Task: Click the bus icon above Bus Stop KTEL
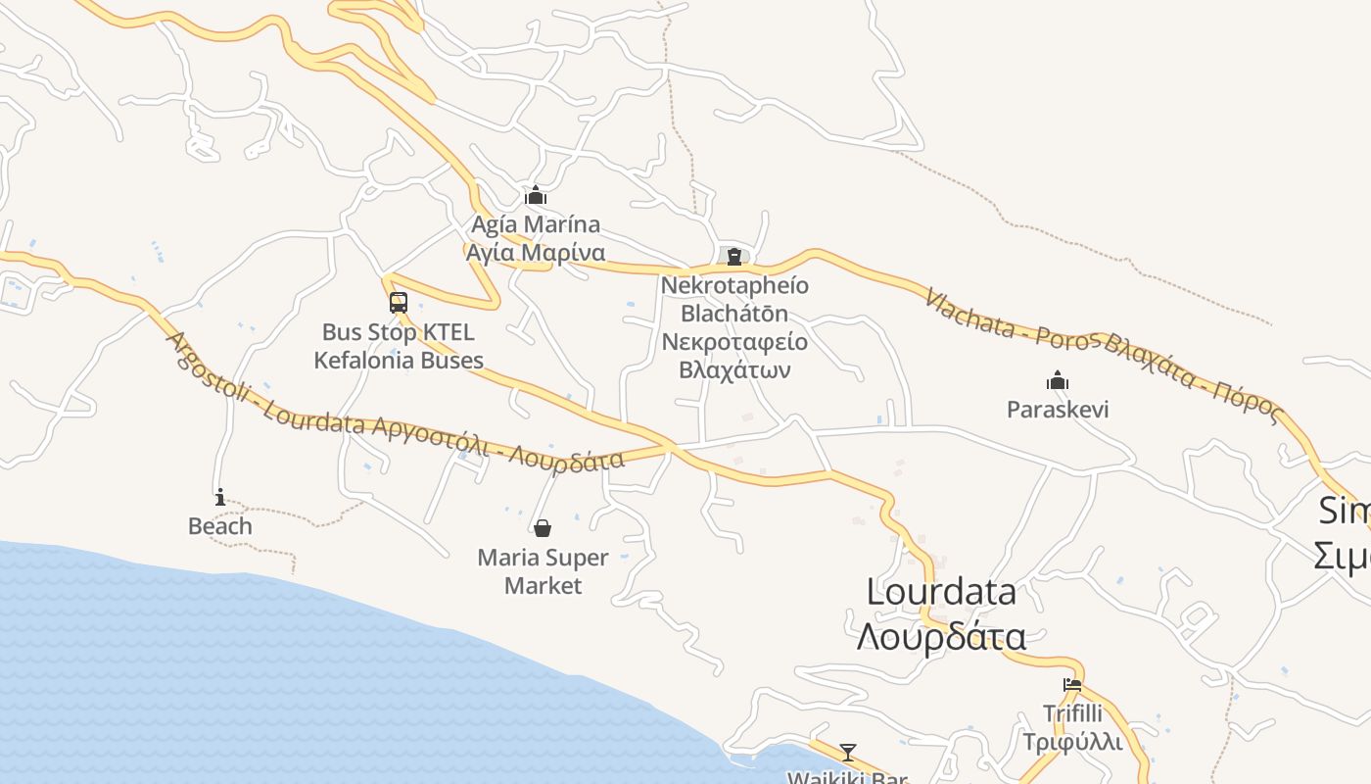pos(398,303)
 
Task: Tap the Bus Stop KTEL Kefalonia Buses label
pos(398,346)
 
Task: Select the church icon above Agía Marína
pos(535,195)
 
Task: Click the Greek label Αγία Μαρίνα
pos(534,253)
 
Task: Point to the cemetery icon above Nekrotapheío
pos(733,256)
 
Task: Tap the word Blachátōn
pos(734,314)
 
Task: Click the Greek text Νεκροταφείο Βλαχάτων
pos(734,356)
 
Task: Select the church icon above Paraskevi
pos(1057,380)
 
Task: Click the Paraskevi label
pos(1058,409)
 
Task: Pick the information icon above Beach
pos(220,497)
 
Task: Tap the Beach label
pos(220,526)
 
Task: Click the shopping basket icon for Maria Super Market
pos(543,528)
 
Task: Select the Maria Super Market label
pos(543,571)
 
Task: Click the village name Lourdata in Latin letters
pos(941,592)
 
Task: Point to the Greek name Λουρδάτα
pos(941,637)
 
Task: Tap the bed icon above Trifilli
pos(1072,685)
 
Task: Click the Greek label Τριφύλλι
pos(1072,741)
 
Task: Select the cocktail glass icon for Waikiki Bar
pos(848,753)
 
